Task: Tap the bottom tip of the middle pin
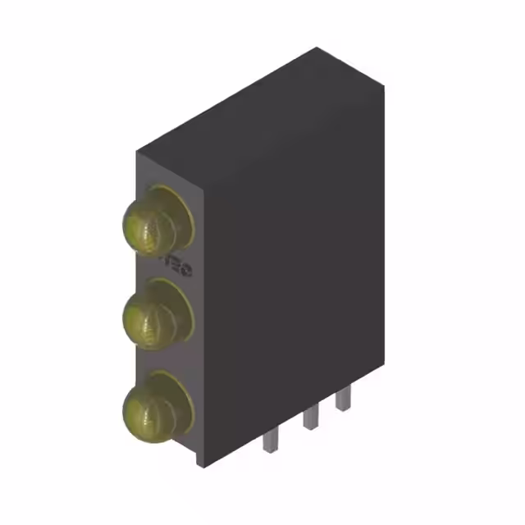(x=308, y=429)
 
